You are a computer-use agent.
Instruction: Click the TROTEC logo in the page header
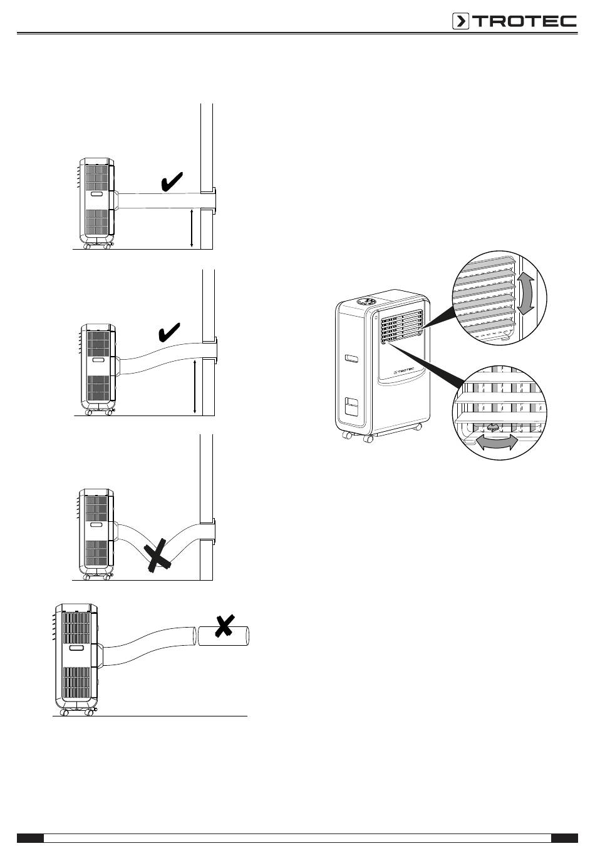click(514, 21)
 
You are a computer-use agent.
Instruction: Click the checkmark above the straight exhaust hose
click(172, 183)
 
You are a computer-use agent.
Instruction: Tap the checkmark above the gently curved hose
click(170, 332)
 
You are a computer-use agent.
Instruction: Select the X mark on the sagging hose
click(159, 554)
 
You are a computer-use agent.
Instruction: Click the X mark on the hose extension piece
click(224, 626)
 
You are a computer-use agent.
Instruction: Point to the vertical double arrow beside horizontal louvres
click(527, 292)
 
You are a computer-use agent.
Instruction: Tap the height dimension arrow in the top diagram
click(192, 229)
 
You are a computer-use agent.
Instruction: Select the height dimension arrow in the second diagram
click(195, 386)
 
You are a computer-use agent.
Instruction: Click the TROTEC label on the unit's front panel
click(406, 371)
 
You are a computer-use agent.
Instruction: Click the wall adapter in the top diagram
click(212, 200)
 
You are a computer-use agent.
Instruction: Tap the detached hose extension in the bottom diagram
click(224, 636)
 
